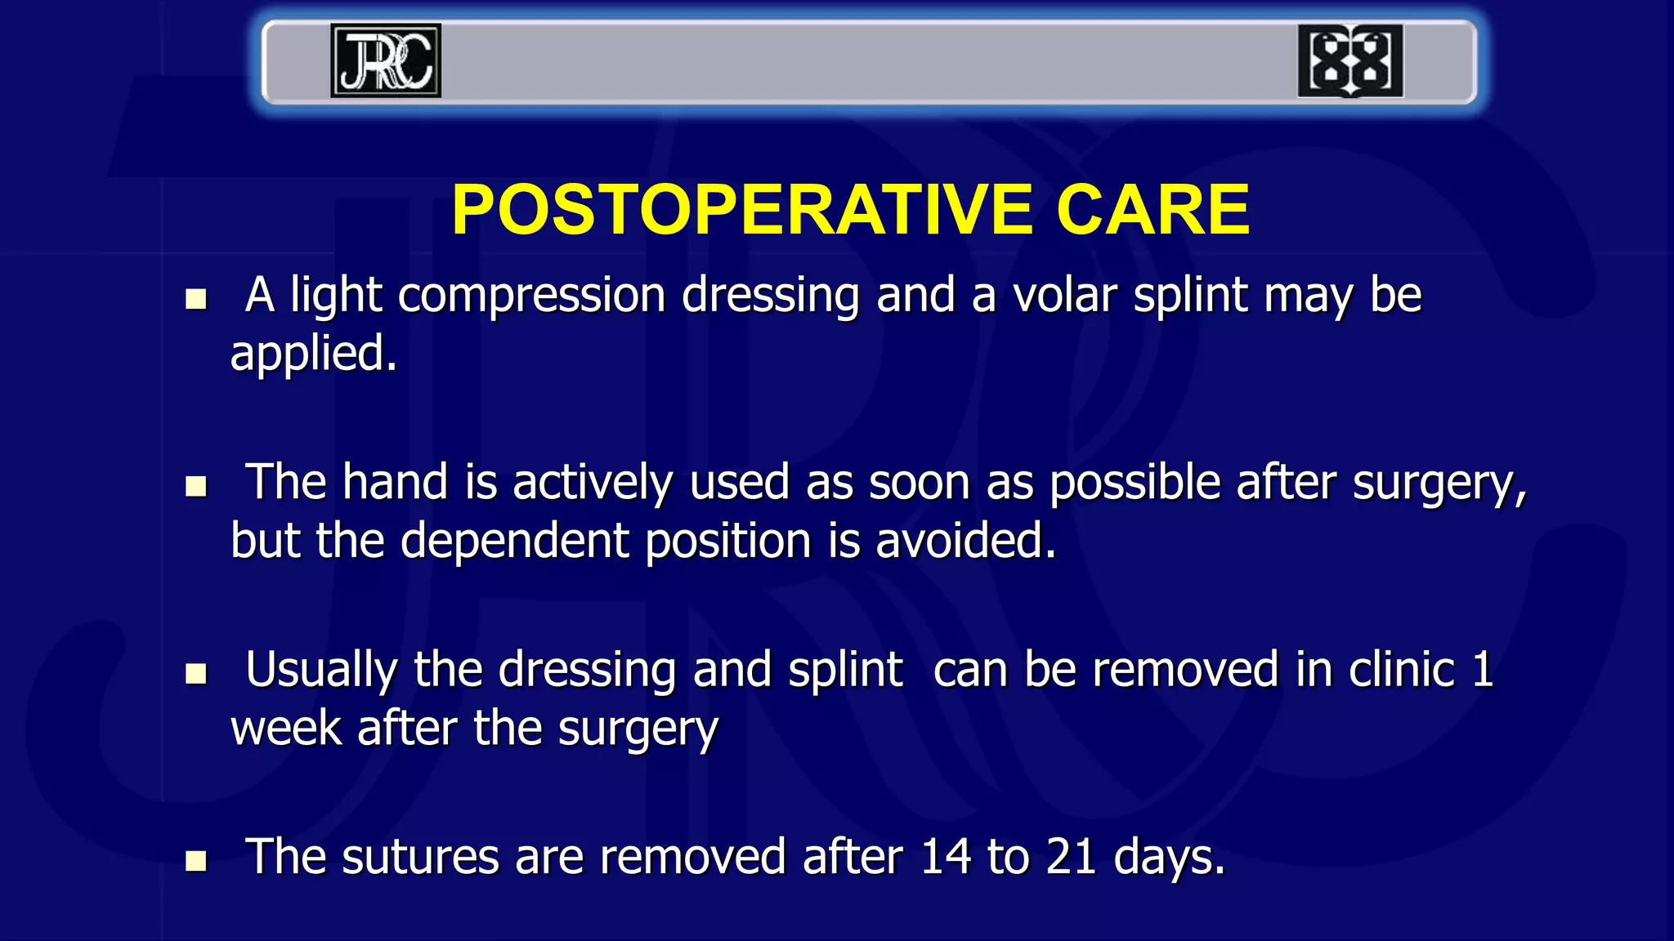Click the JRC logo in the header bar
click(386, 60)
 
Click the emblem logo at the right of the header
click(1350, 60)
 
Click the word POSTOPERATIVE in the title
click(742, 210)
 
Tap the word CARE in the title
click(1153, 210)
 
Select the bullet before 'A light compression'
click(196, 299)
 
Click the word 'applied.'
click(313, 355)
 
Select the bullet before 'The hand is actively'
click(196, 487)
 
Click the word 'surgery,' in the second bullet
click(1439, 484)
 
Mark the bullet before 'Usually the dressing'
click(196, 674)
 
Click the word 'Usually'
click(321, 671)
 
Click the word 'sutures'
click(420, 858)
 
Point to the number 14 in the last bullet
click(945, 858)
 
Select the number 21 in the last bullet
click(1070, 858)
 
